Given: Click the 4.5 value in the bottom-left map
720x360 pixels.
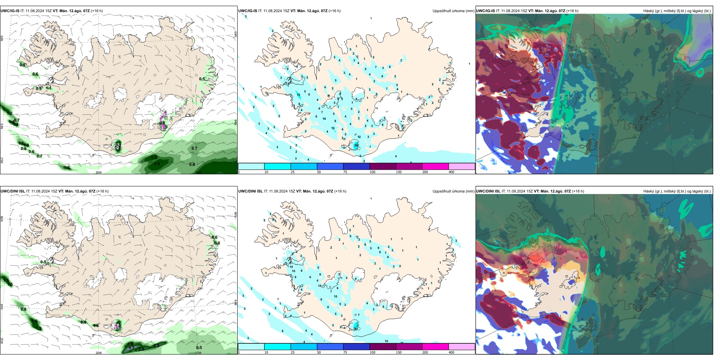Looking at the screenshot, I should pyautogui.click(x=131, y=347).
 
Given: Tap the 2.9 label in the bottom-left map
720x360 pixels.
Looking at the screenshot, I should pyautogui.click(x=156, y=346).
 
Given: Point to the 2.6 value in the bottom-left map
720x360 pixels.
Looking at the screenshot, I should pyautogui.click(x=142, y=349).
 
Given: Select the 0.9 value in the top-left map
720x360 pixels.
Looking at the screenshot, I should pyautogui.click(x=22, y=65).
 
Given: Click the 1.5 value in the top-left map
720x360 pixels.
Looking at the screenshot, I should pyautogui.click(x=154, y=157).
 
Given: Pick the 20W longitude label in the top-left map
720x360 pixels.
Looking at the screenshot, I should pyautogui.click(x=99, y=172).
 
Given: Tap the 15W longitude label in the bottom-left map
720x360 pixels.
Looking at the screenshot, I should pyautogui.click(x=198, y=353).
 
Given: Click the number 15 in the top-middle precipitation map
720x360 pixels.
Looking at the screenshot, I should pyautogui.click(x=299, y=95).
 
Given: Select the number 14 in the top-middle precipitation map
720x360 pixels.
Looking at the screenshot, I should pyautogui.click(x=324, y=119).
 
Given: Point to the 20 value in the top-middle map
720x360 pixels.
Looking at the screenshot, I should pyautogui.click(x=356, y=145).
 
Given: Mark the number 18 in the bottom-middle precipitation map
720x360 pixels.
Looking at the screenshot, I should pyautogui.click(x=355, y=329).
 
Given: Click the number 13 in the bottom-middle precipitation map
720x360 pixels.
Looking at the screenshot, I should pyautogui.click(x=335, y=296).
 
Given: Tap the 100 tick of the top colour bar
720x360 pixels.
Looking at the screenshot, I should pyautogui.click(x=373, y=172).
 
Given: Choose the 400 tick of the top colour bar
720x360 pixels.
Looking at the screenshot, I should pyautogui.click(x=451, y=172).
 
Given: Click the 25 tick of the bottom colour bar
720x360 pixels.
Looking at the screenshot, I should pyautogui.click(x=293, y=352).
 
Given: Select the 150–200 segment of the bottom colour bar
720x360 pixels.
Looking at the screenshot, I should pyautogui.click(x=435, y=347).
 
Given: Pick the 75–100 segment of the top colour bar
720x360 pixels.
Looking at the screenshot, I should pyautogui.click(x=356, y=166).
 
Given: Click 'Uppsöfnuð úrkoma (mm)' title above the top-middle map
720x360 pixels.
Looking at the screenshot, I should pyautogui.click(x=453, y=11).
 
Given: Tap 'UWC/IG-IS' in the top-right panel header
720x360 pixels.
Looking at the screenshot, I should pyautogui.click(x=485, y=11).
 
